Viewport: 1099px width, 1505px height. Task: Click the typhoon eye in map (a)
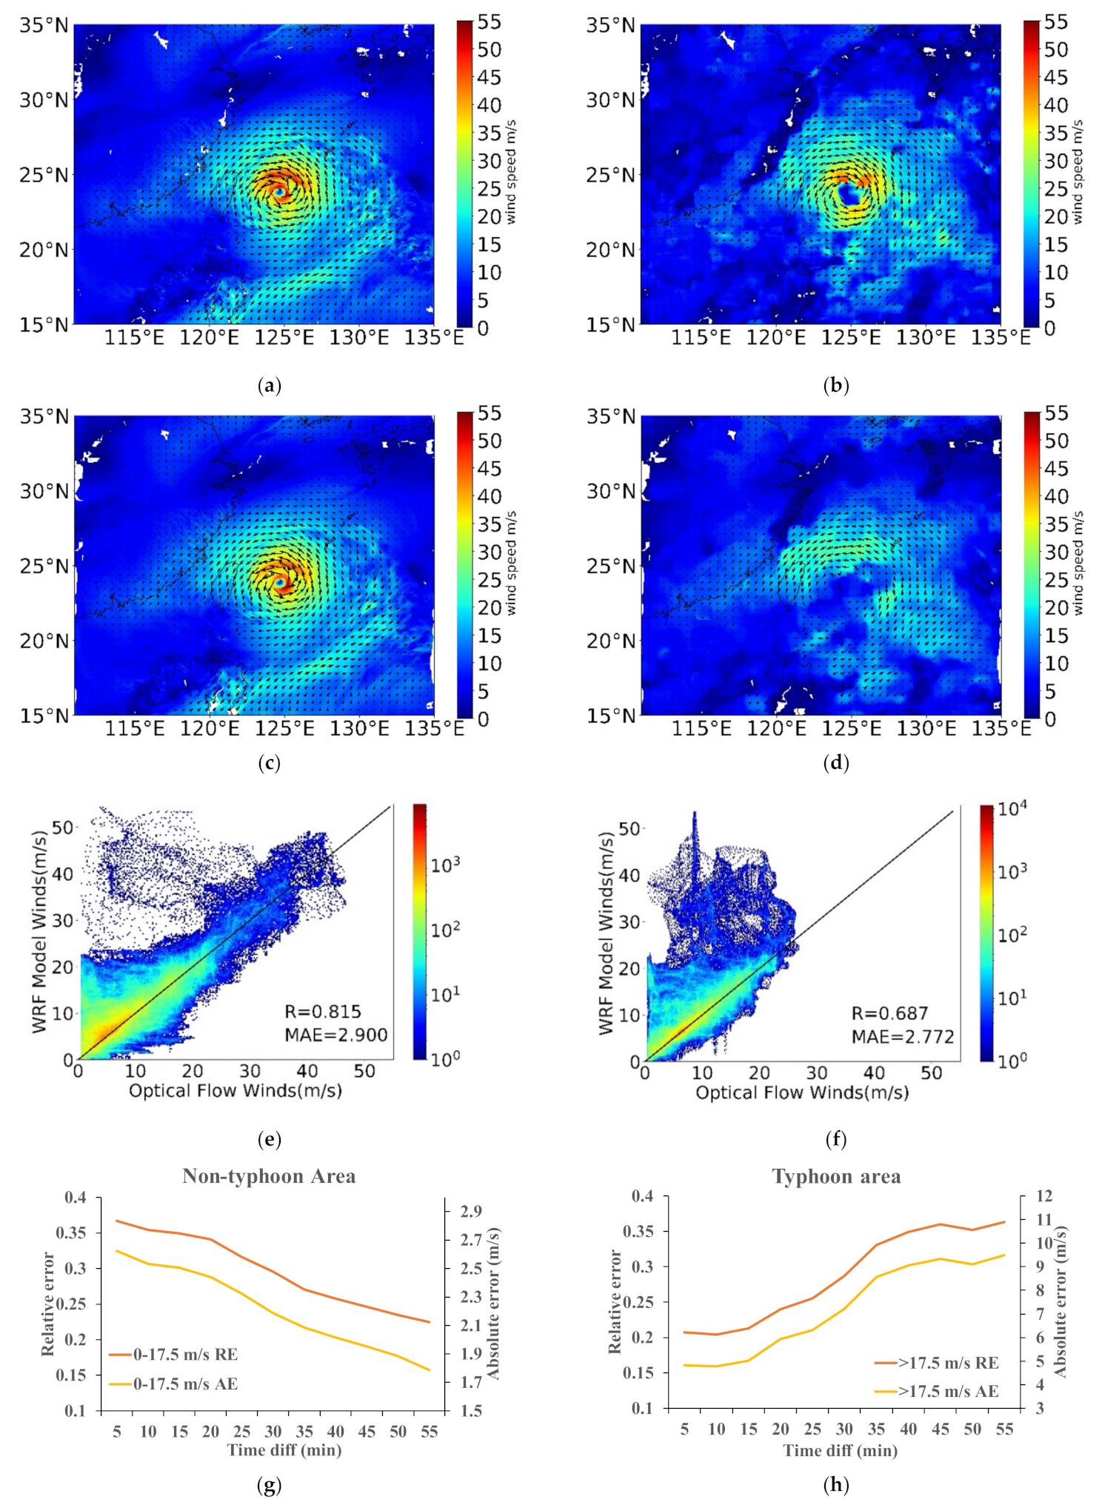pos(280,192)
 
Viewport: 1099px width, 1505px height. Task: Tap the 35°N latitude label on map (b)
pos(610,26)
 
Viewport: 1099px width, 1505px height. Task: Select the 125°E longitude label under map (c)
pos(285,729)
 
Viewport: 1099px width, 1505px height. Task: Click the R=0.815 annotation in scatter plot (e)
pos(323,1012)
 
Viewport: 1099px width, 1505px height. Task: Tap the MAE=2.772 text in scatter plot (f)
pos(903,1036)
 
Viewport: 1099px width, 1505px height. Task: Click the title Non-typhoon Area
pos(269,1176)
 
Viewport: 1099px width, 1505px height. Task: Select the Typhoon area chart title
pos(836,1177)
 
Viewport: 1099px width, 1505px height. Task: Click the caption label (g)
pos(269,1484)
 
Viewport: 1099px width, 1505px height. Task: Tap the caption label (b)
pos(836,385)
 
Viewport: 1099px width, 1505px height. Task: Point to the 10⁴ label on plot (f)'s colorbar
pos(1012,809)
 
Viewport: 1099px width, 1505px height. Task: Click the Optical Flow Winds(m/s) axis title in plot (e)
pos(235,1090)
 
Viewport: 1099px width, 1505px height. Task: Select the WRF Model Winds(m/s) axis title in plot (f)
pos(607,933)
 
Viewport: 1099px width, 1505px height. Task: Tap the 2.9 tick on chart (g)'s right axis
pos(471,1211)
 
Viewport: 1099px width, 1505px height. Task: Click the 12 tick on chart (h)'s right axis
pos(1044,1195)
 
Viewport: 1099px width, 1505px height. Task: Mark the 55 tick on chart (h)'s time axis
pos(1004,1429)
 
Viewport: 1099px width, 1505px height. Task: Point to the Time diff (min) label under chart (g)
pos(284,1449)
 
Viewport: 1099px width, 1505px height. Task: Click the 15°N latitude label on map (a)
pos(43,325)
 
